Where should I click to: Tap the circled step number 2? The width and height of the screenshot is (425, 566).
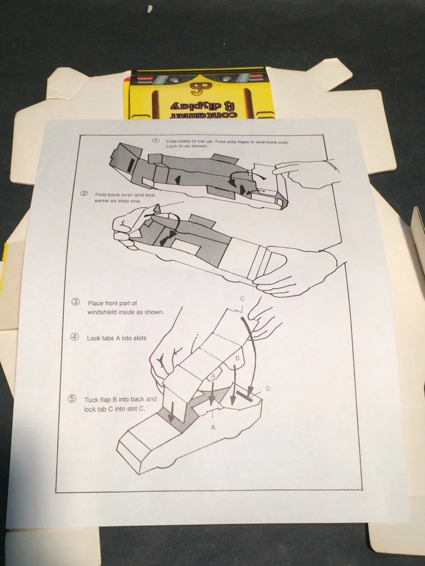[x=84, y=194]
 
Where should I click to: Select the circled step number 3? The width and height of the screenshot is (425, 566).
[x=75, y=302]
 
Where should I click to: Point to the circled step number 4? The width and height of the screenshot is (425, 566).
[x=74, y=337]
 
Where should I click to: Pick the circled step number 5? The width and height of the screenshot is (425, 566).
[x=73, y=398]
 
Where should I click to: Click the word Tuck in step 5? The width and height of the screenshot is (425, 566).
[x=91, y=400]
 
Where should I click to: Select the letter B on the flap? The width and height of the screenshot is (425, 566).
[x=237, y=358]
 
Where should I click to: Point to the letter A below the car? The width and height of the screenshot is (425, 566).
[x=213, y=428]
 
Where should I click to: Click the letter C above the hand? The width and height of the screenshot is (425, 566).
[x=242, y=298]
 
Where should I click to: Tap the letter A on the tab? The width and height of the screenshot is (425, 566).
[x=213, y=376]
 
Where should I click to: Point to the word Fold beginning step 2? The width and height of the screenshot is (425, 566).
[x=101, y=195]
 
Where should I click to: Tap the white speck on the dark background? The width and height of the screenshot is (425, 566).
[x=150, y=8]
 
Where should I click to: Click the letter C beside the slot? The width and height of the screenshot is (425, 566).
[x=268, y=389]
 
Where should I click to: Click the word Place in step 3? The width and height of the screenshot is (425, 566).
[x=95, y=303]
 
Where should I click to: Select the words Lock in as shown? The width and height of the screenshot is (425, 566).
[x=187, y=147]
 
